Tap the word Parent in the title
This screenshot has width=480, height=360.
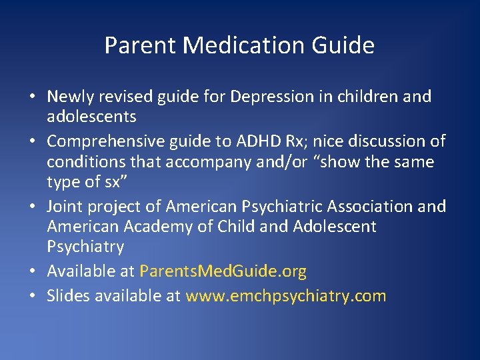tap(140, 45)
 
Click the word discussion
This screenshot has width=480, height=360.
tap(385, 141)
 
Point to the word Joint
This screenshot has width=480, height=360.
tap(64, 207)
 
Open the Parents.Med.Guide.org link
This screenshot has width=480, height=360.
tap(223, 272)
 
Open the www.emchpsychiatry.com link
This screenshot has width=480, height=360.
tap(286, 296)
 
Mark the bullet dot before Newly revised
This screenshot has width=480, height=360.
tap(32, 97)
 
